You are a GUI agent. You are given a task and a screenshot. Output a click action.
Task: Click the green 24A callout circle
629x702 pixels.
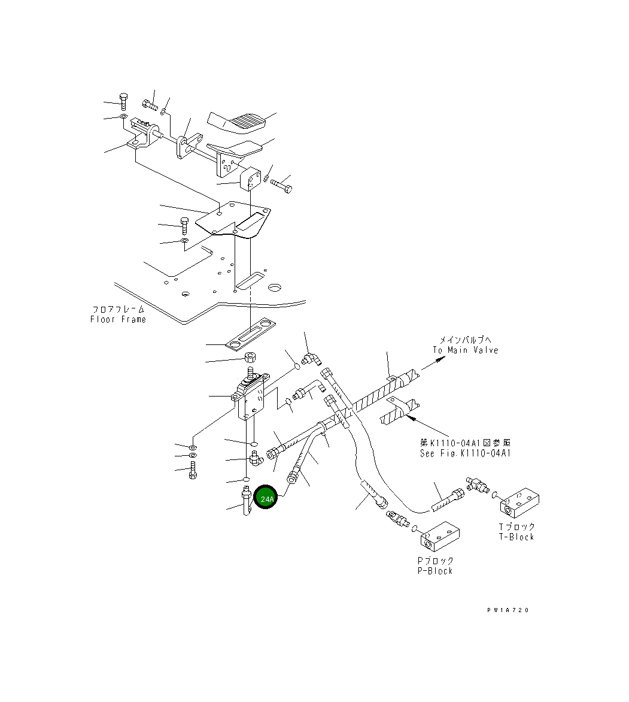(266, 498)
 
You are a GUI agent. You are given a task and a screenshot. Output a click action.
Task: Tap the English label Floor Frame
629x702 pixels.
(118, 319)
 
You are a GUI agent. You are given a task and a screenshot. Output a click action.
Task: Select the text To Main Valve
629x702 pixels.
(465, 350)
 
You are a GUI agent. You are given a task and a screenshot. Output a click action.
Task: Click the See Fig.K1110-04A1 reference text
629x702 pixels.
(465, 453)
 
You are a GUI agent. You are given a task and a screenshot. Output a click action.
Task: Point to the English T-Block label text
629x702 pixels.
(516, 537)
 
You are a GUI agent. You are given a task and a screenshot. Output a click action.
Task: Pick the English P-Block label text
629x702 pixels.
(435, 571)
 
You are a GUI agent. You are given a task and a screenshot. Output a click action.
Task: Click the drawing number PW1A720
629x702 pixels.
(508, 610)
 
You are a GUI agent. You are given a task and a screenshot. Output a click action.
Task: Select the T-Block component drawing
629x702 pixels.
(520, 504)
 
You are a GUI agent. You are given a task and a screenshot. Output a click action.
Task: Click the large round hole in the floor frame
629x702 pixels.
(275, 288)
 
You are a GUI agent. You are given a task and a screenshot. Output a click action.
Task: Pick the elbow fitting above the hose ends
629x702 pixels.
(311, 359)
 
